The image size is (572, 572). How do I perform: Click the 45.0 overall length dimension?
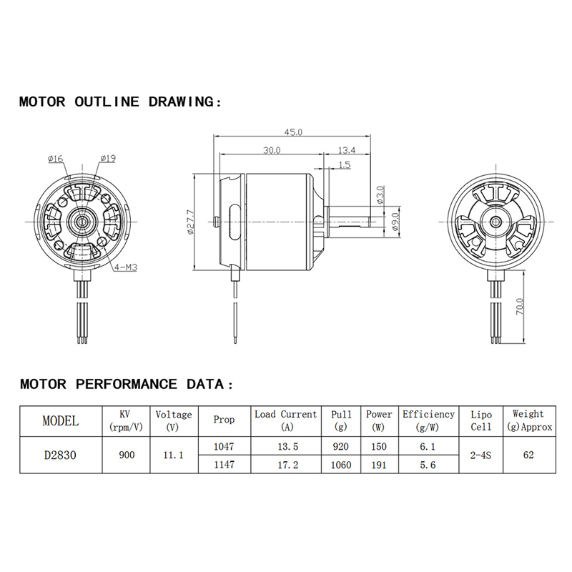293,132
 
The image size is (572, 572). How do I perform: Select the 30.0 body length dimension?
272,150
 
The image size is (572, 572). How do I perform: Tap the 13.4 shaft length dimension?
347,150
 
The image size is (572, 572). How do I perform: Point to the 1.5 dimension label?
345,164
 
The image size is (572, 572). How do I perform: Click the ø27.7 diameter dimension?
190,222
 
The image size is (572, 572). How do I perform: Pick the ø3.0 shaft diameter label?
380,195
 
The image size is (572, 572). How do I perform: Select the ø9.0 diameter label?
396,222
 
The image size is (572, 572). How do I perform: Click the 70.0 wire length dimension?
520,307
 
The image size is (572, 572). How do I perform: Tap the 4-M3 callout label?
126,267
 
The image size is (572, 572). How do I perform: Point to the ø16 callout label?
56,159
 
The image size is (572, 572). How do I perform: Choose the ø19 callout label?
108,158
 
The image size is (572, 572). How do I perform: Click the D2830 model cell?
60,455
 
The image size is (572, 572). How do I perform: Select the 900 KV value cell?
127,455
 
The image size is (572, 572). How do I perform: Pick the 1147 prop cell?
224,464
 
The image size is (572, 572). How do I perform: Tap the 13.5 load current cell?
288,446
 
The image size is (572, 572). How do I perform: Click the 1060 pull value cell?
341,465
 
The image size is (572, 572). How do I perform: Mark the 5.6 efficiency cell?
428,465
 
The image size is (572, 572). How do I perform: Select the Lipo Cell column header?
480,420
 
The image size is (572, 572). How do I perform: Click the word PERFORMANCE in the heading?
127,384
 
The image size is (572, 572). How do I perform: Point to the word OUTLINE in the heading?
107,102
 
